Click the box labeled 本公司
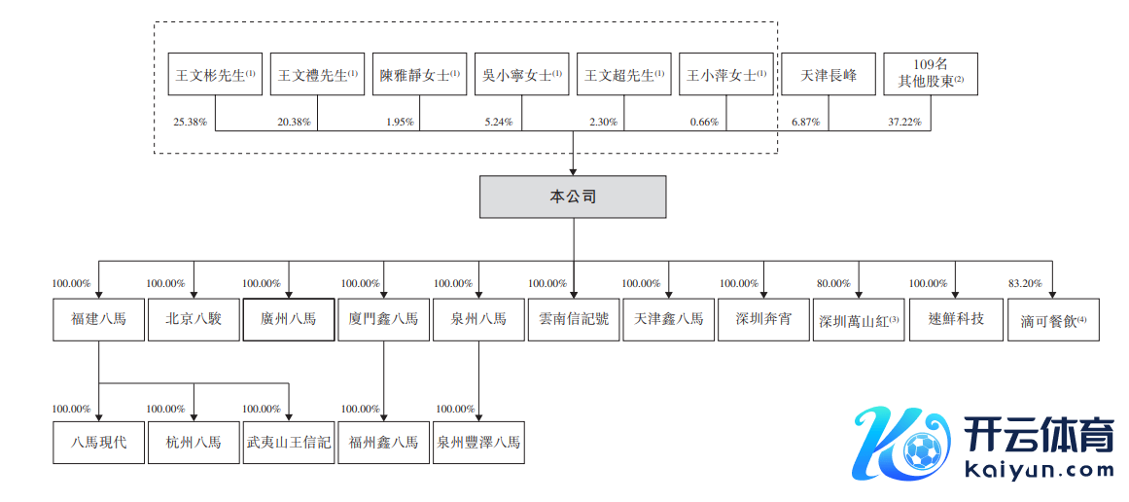pyautogui.click(x=573, y=197)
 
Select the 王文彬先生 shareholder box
pyautogui.click(x=214, y=74)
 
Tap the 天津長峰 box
pyautogui.click(x=829, y=74)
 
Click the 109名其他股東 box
pyautogui.click(x=931, y=74)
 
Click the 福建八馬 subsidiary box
pyautogui.click(x=98, y=319)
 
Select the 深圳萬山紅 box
pyautogui.click(x=859, y=320)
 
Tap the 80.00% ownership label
pyautogui.click(x=833, y=283)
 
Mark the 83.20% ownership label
pyautogui.click(x=1025, y=283)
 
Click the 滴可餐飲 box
pyautogui.click(x=1053, y=320)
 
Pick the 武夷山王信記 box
pyautogui.click(x=289, y=443)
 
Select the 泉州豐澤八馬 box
pyautogui.click(x=478, y=443)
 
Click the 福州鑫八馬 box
pyautogui.click(x=383, y=443)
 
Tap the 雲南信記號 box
pyautogui.click(x=573, y=319)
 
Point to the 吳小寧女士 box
pyautogui.click(x=521, y=74)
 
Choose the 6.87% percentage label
pyautogui.click(x=805, y=123)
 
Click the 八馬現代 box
pyautogui.click(x=98, y=443)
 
